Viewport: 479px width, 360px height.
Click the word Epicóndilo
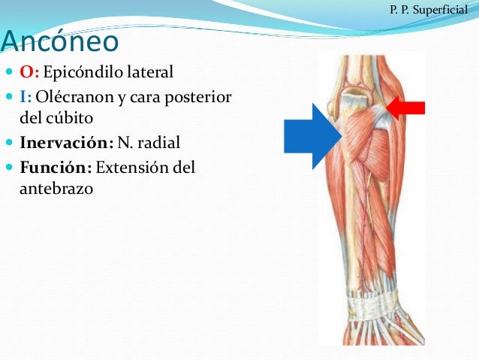tap(83, 73)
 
